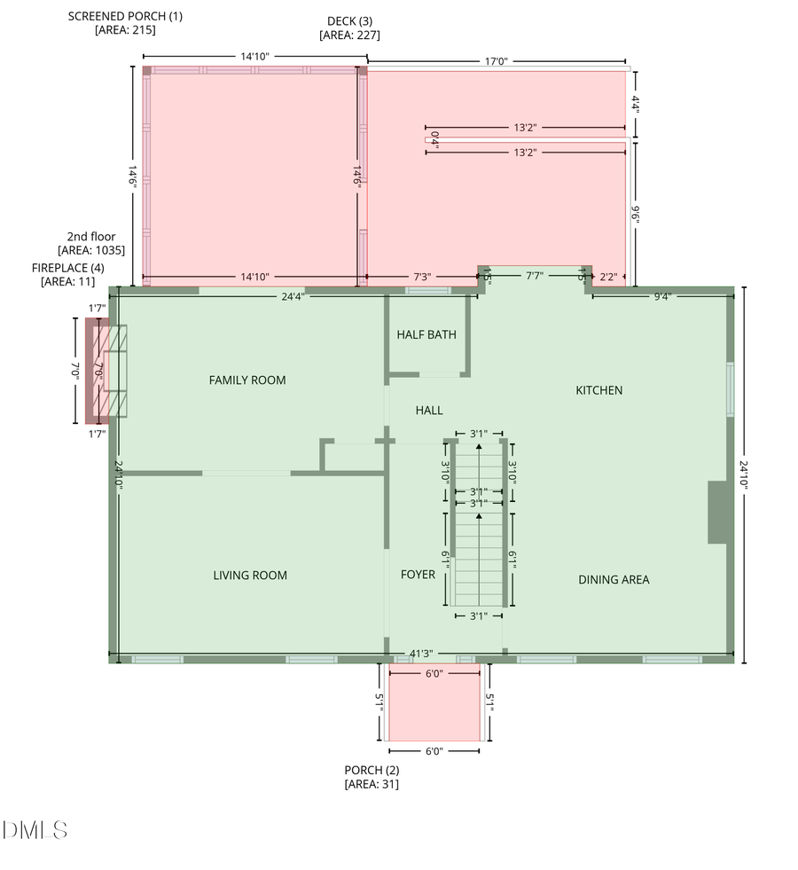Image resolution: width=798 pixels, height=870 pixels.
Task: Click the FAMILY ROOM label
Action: [247, 380]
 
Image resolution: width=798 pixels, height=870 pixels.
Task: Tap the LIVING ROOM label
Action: [250, 576]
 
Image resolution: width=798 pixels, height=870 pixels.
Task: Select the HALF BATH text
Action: [426, 334]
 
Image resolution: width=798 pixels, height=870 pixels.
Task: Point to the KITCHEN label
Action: [598, 390]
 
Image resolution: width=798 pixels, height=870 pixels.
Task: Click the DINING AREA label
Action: [614, 580]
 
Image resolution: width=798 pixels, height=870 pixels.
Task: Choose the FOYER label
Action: [419, 575]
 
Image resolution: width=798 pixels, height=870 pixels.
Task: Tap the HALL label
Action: [429, 410]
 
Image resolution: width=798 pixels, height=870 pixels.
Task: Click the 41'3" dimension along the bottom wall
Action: [421, 654]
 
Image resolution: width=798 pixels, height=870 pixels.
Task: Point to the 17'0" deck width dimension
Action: [497, 61]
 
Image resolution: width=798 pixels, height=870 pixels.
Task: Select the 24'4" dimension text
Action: [293, 296]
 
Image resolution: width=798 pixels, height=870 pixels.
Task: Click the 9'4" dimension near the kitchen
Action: [662, 296]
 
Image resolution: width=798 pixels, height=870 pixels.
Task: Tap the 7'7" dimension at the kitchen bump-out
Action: [535, 275]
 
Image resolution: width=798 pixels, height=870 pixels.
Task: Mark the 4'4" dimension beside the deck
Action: [636, 105]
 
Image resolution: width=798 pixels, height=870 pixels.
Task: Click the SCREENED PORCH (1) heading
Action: [125, 16]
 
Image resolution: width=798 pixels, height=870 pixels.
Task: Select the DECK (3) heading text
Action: [349, 21]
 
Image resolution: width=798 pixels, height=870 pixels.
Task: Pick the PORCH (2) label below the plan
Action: [372, 770]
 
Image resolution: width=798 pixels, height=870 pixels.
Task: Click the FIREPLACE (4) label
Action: [67, 268]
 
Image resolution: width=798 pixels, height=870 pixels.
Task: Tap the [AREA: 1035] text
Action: [91, 250]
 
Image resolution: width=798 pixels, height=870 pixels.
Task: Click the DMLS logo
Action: [35, 830]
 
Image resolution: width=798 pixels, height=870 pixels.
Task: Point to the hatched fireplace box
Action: [110, 371]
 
